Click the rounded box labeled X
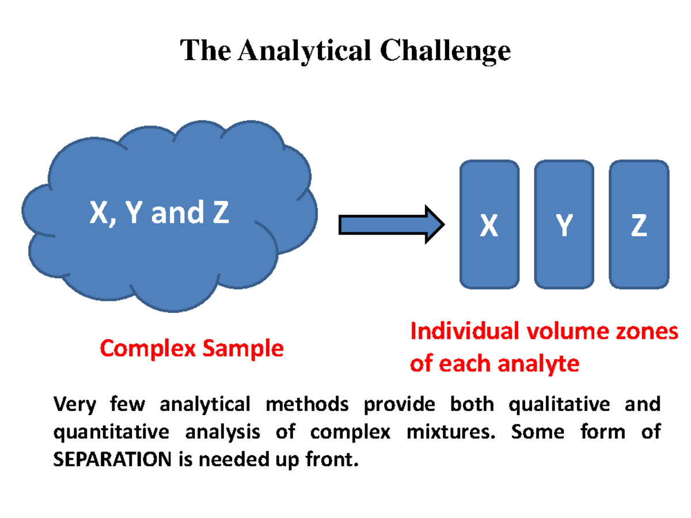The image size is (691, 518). click(x=489, y=224)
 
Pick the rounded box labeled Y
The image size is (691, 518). click(x=564, y=224)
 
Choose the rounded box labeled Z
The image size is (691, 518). click(x=639, y=224)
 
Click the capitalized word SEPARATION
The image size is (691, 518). click(x=112, y=459)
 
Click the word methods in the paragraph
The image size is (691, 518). click(x=307, y=405)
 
